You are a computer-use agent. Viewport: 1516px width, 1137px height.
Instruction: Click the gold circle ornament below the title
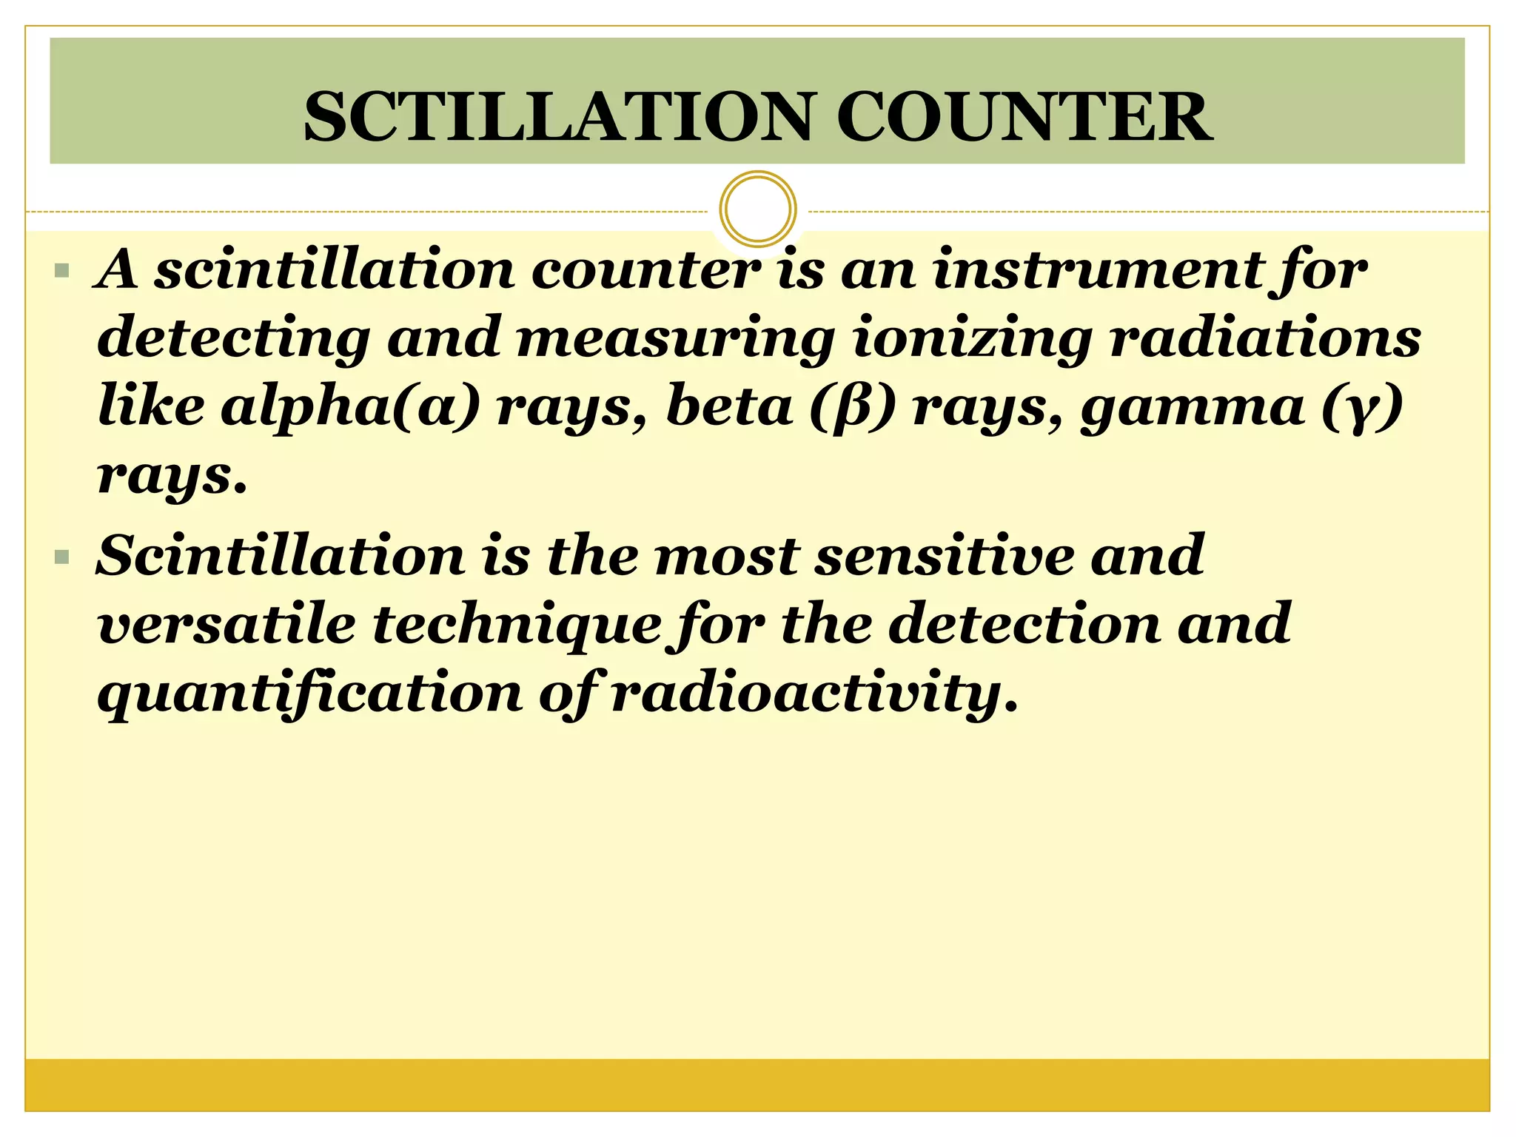pyautogui.click(x=757, y=209)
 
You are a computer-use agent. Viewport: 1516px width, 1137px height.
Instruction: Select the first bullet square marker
pyautogui.click(x=62, y=271)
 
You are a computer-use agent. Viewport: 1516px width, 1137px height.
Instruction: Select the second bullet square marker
pyautogui.click(x=62, y=557)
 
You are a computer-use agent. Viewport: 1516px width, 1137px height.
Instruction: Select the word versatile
pyautogui.click(x=227, y=624)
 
